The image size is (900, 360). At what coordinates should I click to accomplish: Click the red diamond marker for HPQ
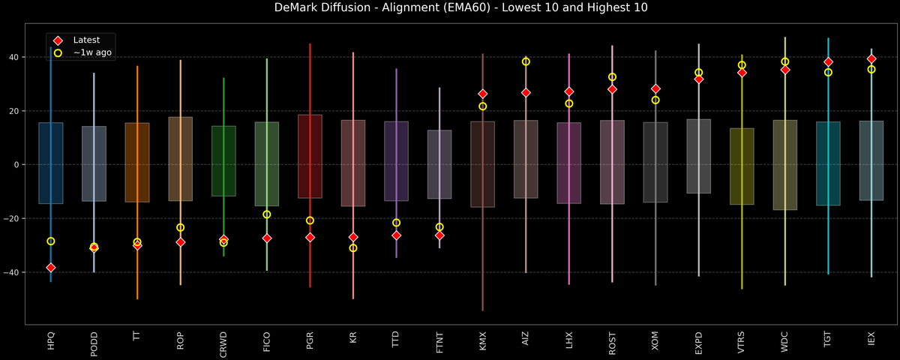point(50,268)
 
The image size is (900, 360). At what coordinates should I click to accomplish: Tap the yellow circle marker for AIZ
point(526,61)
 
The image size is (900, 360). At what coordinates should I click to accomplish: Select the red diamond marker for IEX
point(871,58)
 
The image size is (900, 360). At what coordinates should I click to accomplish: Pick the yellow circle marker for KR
point(353,247)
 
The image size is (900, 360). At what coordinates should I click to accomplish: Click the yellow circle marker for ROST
point(612,76)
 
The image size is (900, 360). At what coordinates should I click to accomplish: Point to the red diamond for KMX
point(483,94)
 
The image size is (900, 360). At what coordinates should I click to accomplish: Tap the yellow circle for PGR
point(310,220)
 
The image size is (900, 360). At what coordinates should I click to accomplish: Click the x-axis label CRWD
point(223,343)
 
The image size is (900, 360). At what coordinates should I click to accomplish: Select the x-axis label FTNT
point(439,343)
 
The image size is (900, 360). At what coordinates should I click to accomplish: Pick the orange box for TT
point(137,162)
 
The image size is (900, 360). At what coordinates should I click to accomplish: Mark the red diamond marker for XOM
point(655,88)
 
